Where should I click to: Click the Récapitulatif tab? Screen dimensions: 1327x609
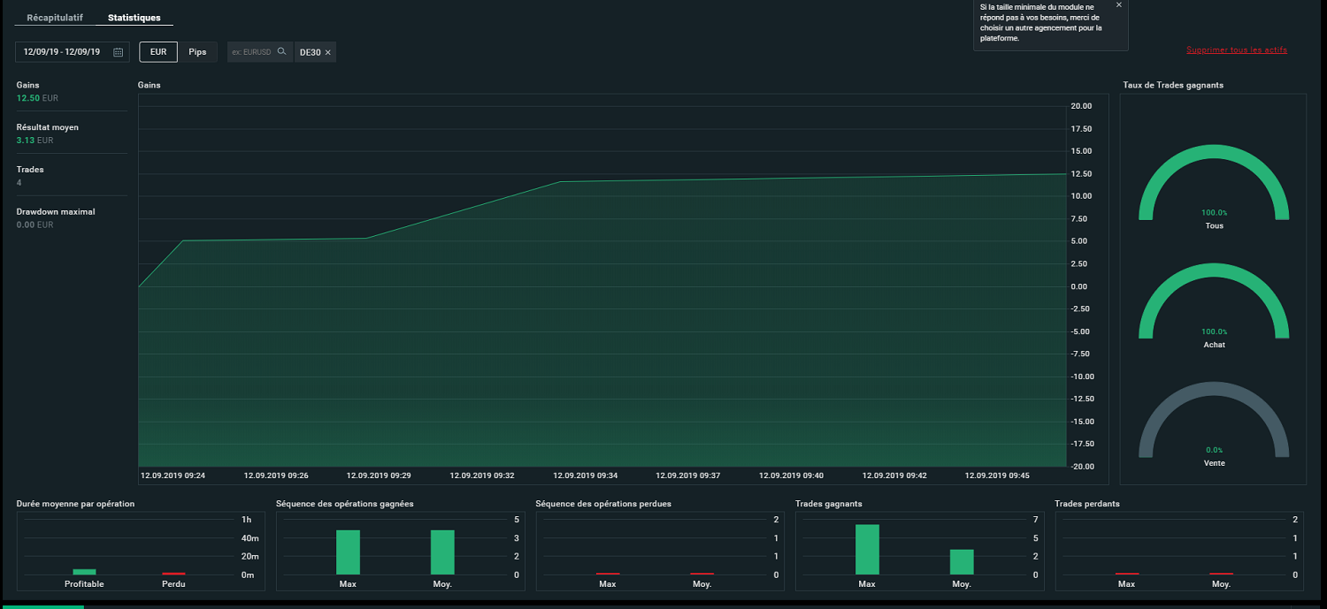coord(55,18)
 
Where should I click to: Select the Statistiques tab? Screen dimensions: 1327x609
coord(134,18)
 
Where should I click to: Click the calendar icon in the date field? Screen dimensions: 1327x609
coord(118,52)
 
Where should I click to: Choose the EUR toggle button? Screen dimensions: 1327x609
coord(158,52)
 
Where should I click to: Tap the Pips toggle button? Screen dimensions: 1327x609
coord(197,52)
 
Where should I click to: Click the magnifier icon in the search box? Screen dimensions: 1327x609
coord(282,51)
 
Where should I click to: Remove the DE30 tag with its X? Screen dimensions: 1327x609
coord(327,53)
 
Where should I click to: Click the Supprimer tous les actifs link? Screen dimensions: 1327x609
coord(1237,49)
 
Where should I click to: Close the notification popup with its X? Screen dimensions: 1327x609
coord(1118,4)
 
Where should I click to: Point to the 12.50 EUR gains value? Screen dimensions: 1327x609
coord(37,98)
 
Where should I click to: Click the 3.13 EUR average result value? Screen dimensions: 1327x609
coord(35,141)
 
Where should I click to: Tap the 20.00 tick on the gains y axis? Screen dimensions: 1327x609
coord(1081,106)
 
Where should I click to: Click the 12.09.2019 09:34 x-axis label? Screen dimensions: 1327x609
coord(586,476)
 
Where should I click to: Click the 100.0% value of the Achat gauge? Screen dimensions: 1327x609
coord(1214,331)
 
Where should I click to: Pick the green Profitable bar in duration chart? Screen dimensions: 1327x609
coord(84,572)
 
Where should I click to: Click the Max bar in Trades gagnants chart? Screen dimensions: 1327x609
coord(867,549)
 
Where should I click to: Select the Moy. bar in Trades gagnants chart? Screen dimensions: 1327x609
coord(962,561)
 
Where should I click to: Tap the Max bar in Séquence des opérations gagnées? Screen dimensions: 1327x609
coord(348,552)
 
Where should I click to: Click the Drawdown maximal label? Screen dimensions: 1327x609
coord(56,212)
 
